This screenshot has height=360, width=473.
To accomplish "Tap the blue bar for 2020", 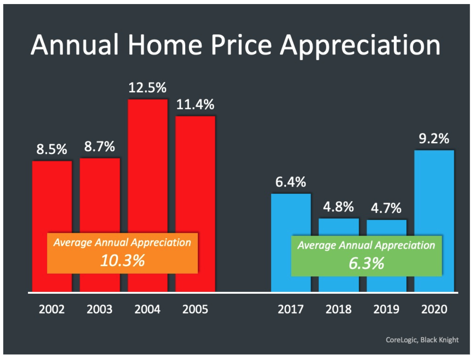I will click(434, 203).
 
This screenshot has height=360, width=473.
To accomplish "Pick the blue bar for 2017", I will click(291, 215).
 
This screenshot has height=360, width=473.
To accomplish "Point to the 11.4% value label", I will click(195, 105).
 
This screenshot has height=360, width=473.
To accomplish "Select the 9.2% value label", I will click(434, 139).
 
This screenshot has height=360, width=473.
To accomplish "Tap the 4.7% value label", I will click(386, 209).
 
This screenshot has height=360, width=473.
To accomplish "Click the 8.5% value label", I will click(52, 150).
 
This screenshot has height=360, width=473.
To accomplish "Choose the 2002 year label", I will click(52, 310).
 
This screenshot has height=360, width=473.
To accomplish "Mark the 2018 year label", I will click(338, 310).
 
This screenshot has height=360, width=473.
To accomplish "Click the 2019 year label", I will click(386, 310).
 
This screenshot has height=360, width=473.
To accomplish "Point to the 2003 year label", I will click(100, 310).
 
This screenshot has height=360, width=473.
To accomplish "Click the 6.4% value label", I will click(291, 182).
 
